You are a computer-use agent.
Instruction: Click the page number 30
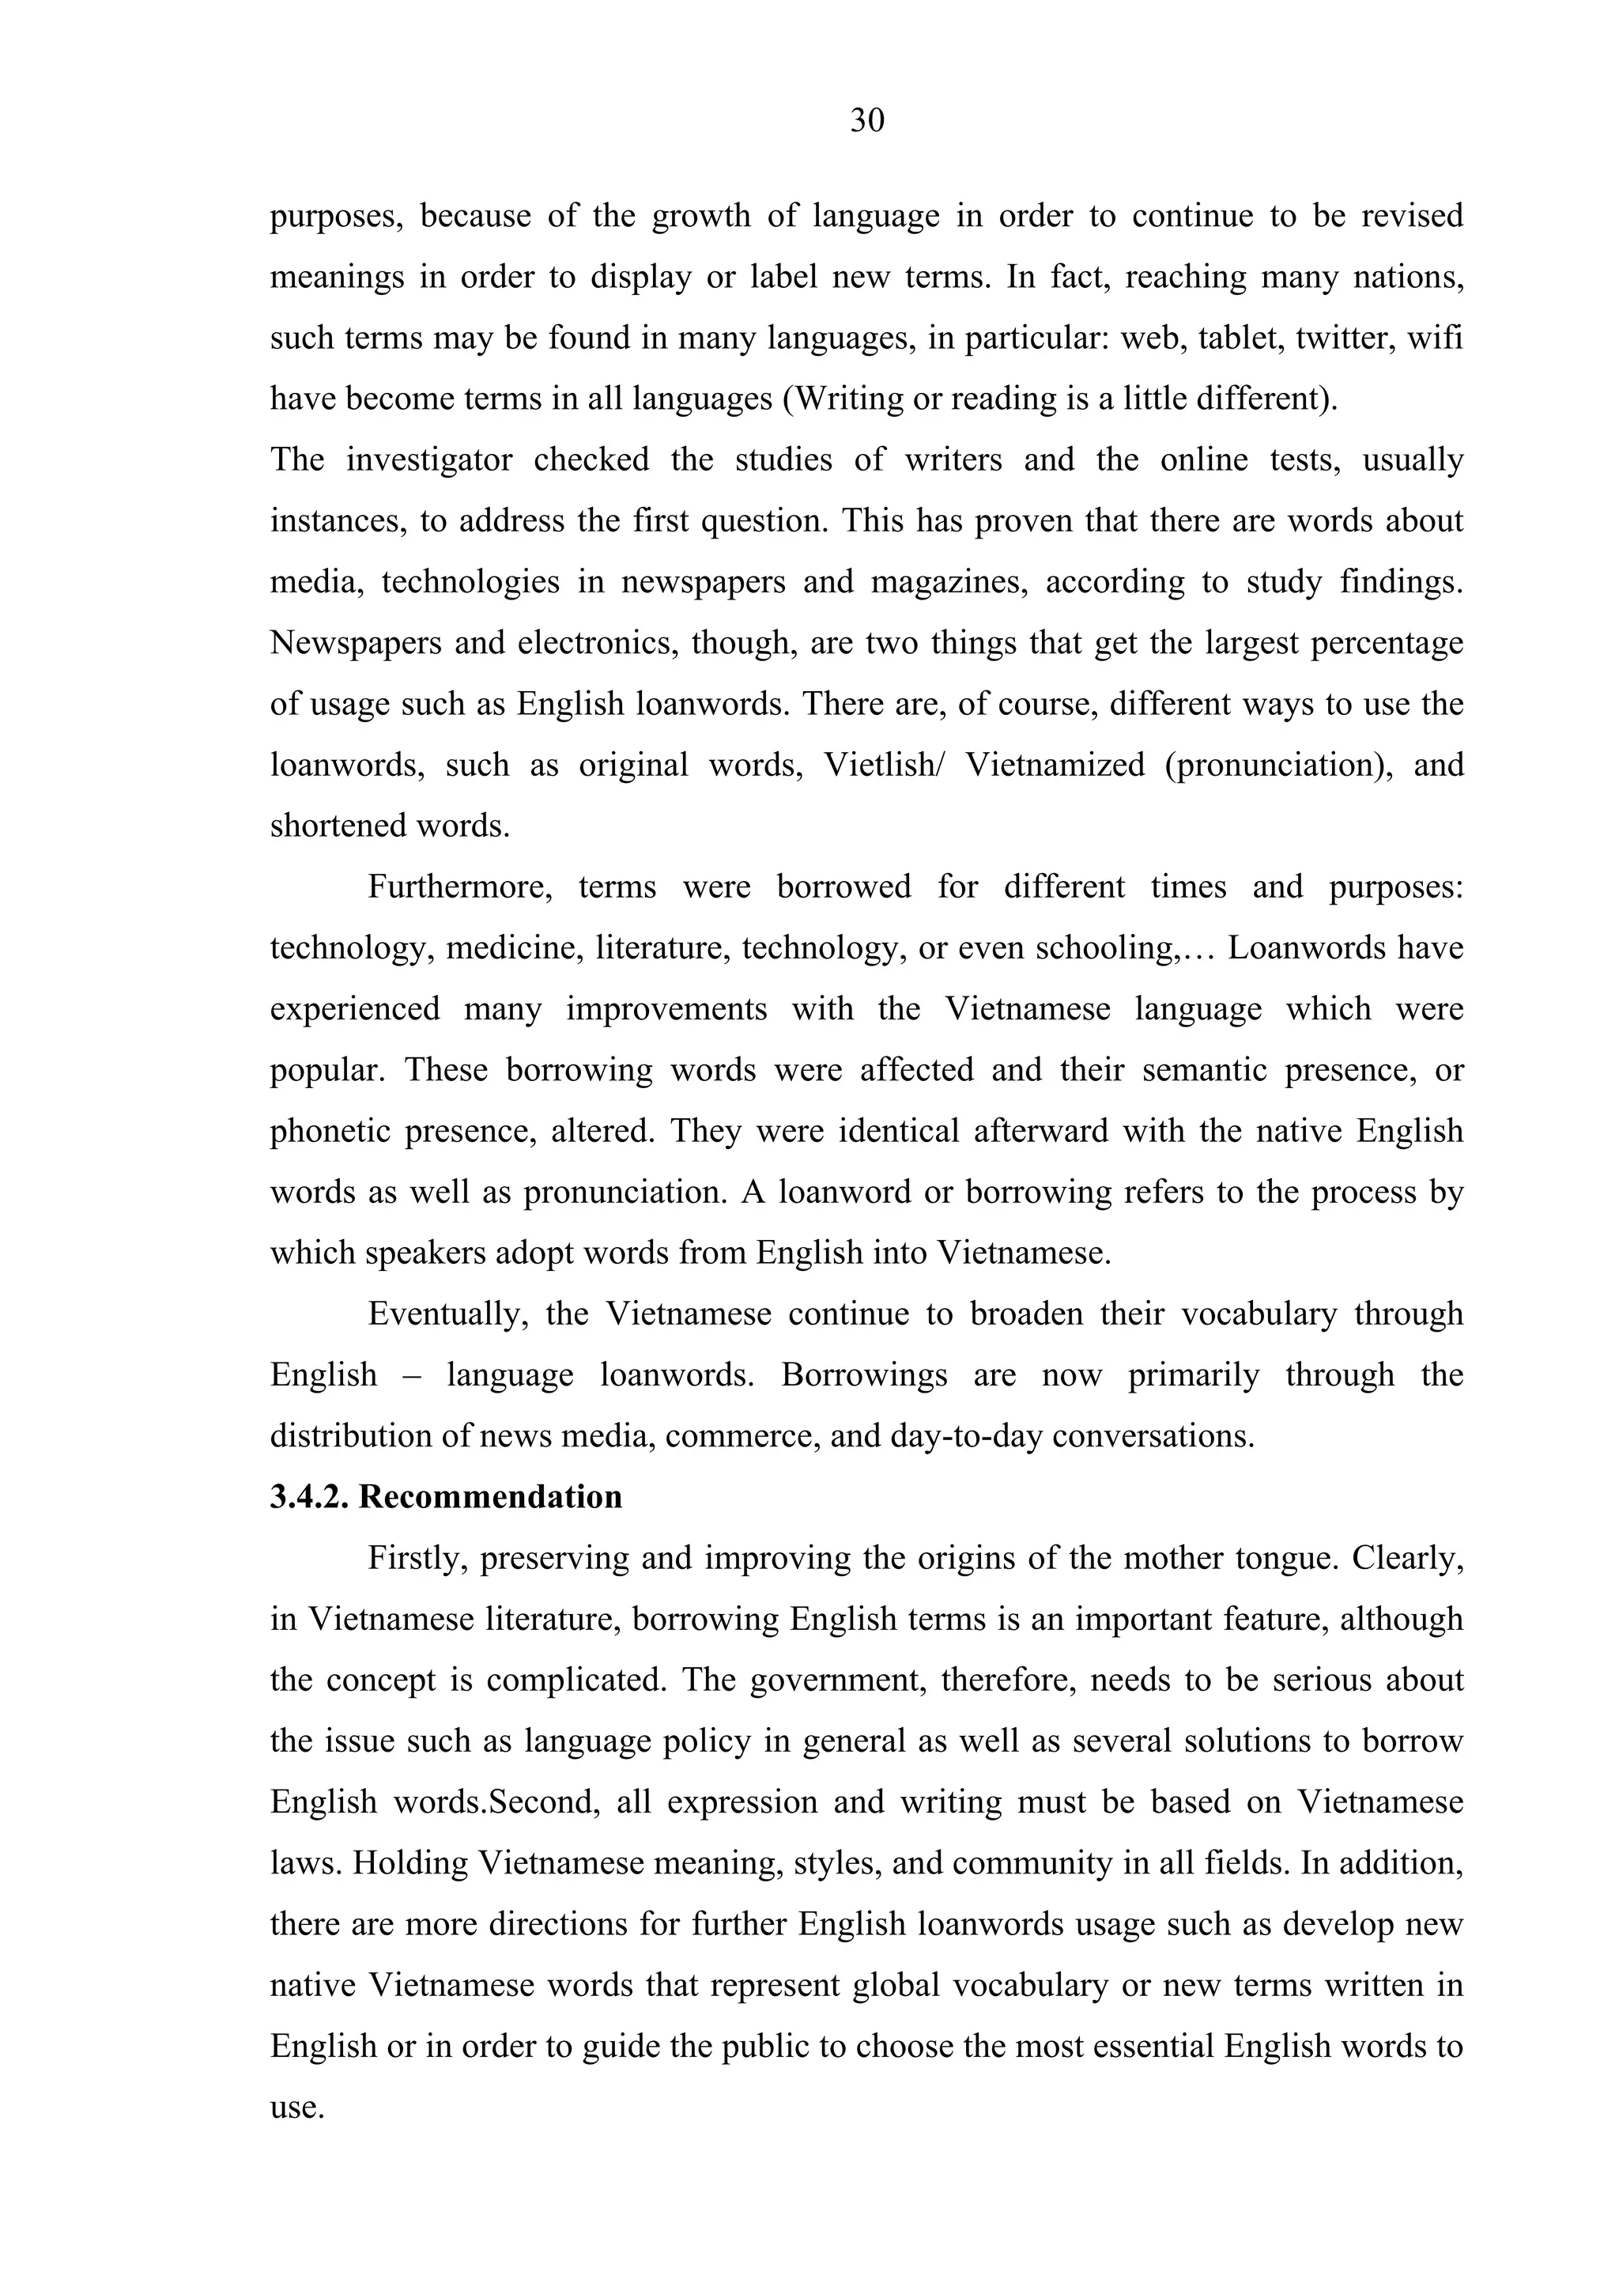pos(867,121)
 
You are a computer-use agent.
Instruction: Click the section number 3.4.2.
pos(308,1497)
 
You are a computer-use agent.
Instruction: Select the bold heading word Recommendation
pos(491,1497)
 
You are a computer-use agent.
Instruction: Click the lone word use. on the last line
pos(296,2108)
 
